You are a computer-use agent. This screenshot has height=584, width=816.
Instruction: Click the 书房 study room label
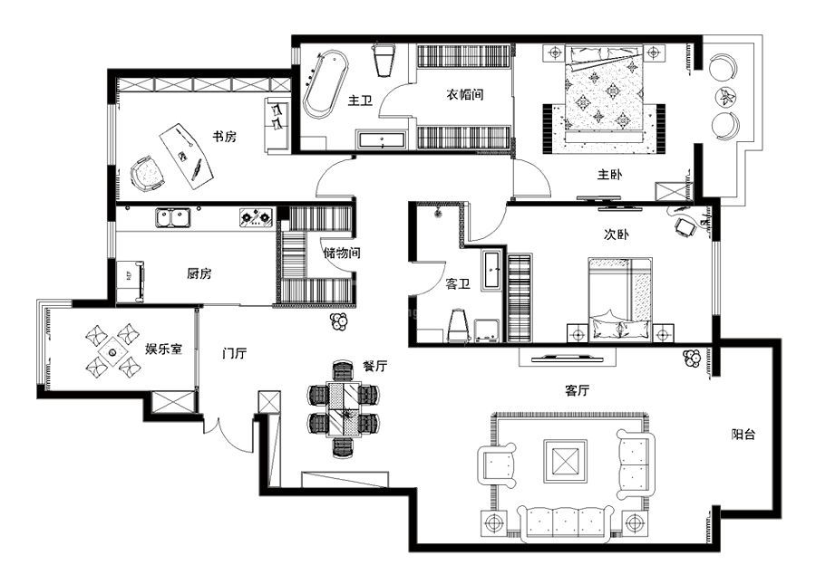(x=224, y=137)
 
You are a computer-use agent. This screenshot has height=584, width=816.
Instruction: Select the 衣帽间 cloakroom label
(x=465, y=94)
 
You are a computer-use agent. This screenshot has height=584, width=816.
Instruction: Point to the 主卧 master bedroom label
(x=609, y=174)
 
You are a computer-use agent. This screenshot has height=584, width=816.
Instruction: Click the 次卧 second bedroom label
(x=617, y=235)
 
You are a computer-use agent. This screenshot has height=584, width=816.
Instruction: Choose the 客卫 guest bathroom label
(x=458, y=283)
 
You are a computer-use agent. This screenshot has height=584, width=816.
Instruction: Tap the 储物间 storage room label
(x=342, y=253)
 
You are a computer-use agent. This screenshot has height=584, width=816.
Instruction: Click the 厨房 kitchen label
(x=199, y=273)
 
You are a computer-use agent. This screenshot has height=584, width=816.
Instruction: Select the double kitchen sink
(x=173, y=217)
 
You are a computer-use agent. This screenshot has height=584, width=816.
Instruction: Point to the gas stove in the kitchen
(x=257, y=217)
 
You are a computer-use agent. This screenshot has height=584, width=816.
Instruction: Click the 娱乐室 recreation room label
(x=164, y=349)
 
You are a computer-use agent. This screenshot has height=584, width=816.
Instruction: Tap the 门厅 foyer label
(x=234, y=353)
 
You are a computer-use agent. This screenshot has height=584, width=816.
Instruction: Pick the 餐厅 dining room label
(x=374, y=366)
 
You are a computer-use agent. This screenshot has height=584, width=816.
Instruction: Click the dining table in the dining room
(x=344, y=409)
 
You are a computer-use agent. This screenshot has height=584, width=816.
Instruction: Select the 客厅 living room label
(x=578, y=389)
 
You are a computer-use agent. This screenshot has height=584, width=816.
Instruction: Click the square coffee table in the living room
(x=566, y=461)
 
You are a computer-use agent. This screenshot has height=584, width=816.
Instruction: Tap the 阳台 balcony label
(x=743, y=434)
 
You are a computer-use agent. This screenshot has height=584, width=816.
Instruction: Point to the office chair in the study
(x=147, y=173)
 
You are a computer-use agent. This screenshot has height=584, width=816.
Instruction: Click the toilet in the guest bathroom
(x=459, y=326)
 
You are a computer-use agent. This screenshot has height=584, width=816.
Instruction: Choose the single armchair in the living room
(x=497, y=465)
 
